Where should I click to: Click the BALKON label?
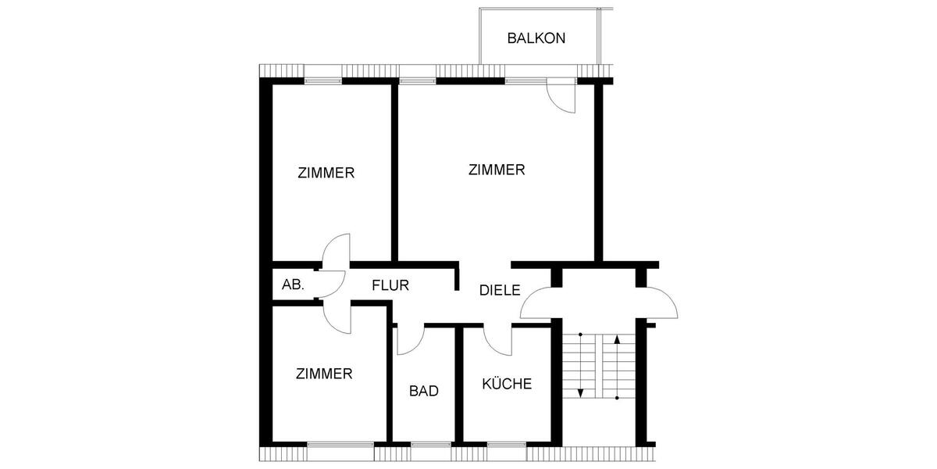(x=536, y=38)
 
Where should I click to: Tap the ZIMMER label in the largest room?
(x=497, y=170)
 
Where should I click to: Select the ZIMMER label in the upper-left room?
(x=326, y=173)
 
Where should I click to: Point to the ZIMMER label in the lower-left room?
(x=324, y=374)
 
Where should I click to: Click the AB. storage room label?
(x=293, y=285)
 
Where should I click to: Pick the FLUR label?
(x=390, y=285)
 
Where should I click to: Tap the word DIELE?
(x=500, y=290)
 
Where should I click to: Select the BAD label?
(x=424, y=391)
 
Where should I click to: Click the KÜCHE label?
(x=507, y=385)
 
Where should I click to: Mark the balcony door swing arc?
(x=561, y=96)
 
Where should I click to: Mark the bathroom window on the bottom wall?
(x=431, y=446)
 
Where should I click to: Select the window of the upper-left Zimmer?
(x=323, y=80)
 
